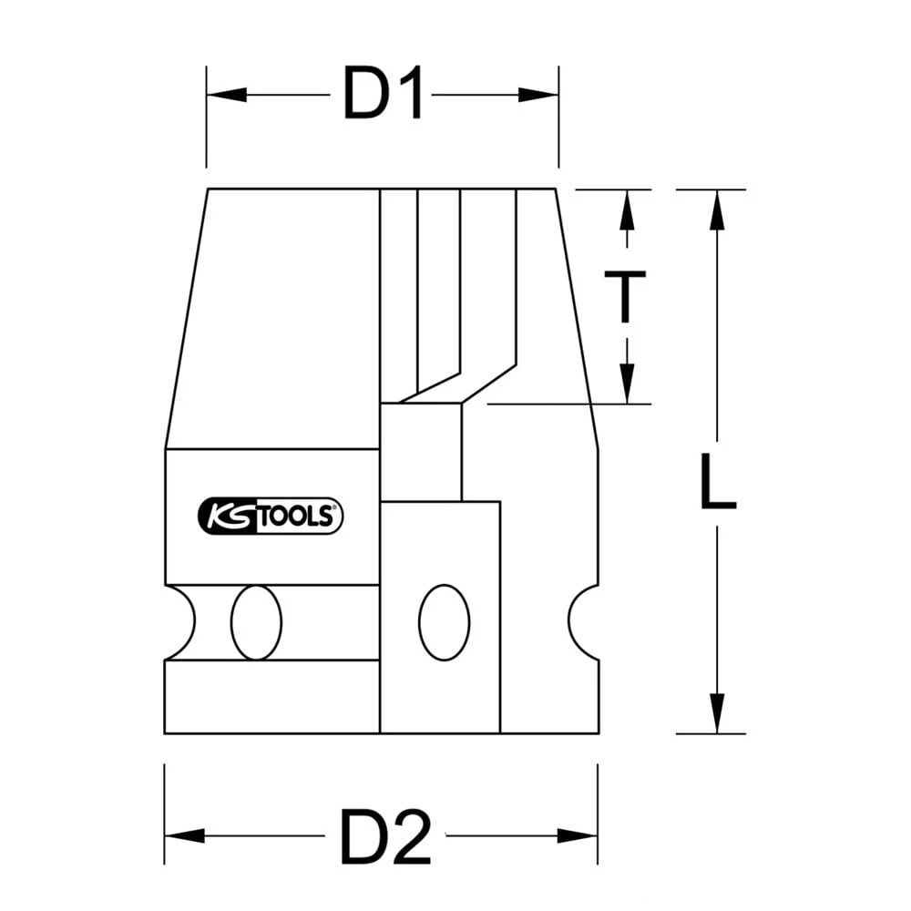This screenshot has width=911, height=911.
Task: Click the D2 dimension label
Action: coord(384,835)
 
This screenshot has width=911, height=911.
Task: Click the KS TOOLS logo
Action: coord(270,516)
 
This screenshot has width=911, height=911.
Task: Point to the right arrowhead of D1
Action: coord(538,95)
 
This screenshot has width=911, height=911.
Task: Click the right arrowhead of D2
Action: coord(578,835)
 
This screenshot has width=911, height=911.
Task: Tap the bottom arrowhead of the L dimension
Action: coord(717,712)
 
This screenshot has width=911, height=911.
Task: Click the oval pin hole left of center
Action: coord(256,622)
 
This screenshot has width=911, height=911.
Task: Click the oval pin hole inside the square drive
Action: coord(444,622)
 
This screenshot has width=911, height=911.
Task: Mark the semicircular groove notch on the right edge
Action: coord(584,622)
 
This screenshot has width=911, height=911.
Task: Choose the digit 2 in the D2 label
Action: coord(408,835)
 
